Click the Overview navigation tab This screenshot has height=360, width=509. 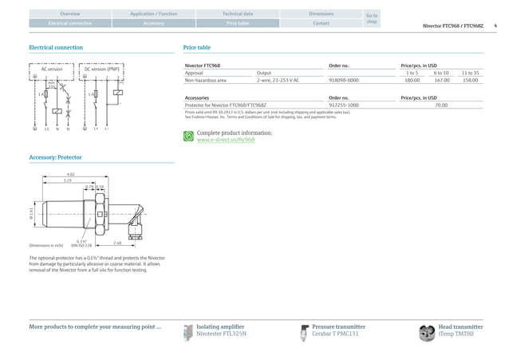(x=70, y=14)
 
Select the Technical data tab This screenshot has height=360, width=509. (x=237, y=14)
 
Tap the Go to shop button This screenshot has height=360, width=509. (x=371, y=18)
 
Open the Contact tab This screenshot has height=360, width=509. (x=321, y=23)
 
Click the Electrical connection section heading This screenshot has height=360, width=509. (x=56, y=48)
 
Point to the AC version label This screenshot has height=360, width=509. (x=51, y=69)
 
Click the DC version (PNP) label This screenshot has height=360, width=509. (x=102, y=69)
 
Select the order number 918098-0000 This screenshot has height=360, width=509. (x=344, y=81)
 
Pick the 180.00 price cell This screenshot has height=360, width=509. (x=412, y=81)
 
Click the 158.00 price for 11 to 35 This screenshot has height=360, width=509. (x=471, y=81)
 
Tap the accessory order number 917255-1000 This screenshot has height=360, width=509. (x=344, y=105)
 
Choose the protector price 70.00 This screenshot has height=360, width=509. (x=440, y=105)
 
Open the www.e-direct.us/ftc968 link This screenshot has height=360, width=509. (x=226, y=140)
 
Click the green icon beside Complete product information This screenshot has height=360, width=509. (x=188, y=136)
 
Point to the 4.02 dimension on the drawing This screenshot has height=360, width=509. (x=71, y=175)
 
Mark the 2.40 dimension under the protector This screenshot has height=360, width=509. (x=117, y=243)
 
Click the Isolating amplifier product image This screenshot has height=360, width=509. (x=188, y=332)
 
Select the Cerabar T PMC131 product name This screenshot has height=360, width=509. (x=335, y=334)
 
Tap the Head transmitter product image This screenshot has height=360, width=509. (x=427, y=332)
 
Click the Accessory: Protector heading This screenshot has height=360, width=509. (x=55, y=158)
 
